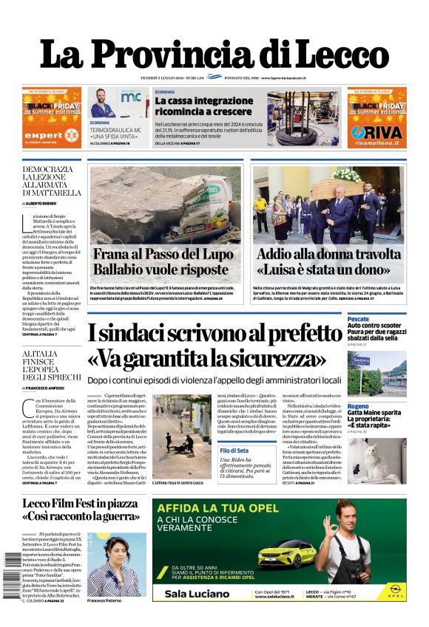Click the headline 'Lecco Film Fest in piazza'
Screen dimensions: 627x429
coord(81,504)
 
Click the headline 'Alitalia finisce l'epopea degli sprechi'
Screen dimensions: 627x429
coord(47,363)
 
